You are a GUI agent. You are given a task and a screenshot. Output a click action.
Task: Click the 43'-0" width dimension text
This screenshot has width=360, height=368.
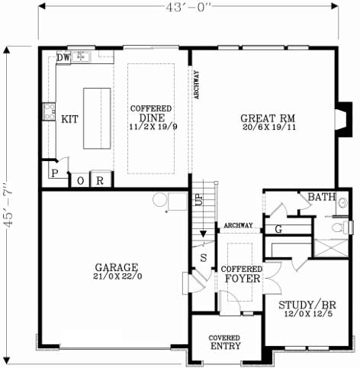[x=187, y=5]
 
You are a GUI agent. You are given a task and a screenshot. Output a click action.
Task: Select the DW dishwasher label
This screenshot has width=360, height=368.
[x=64, y=58]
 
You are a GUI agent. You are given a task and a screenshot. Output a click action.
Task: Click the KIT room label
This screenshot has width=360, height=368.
[x=69, y=118]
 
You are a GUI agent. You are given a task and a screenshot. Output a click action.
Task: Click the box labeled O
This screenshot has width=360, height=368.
[x=81, y=181]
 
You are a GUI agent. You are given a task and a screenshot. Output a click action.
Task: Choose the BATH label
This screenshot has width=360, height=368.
[x=321, y=198]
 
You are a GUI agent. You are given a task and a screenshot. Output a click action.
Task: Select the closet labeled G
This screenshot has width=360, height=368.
[x=278, y=228]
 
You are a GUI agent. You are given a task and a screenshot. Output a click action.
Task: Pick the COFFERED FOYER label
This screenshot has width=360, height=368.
[x=242, y=274]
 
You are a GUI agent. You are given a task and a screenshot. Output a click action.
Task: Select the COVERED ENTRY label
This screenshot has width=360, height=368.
[x=225, y=342]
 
